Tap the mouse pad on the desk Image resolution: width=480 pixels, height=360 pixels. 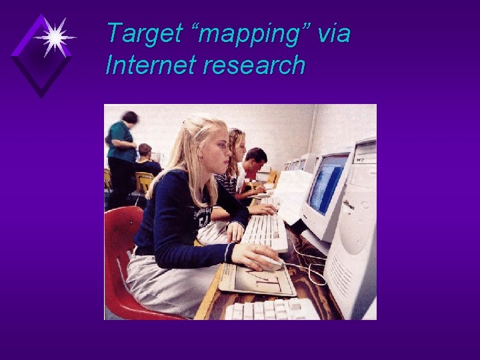pyautogui.click(x=257, y=279)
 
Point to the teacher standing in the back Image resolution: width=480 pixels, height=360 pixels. pyautogui.click(x=122, y=153)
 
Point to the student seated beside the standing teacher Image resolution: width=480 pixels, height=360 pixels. pyautogui.click(x=147, y=160)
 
